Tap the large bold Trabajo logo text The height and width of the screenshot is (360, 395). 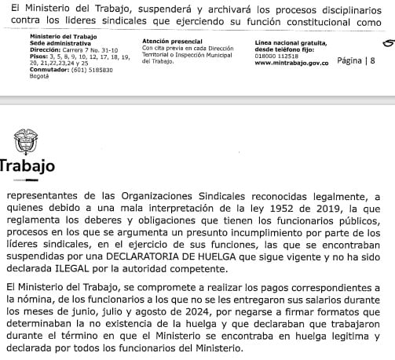[27, 167]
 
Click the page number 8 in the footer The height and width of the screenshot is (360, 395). [372, 60]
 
